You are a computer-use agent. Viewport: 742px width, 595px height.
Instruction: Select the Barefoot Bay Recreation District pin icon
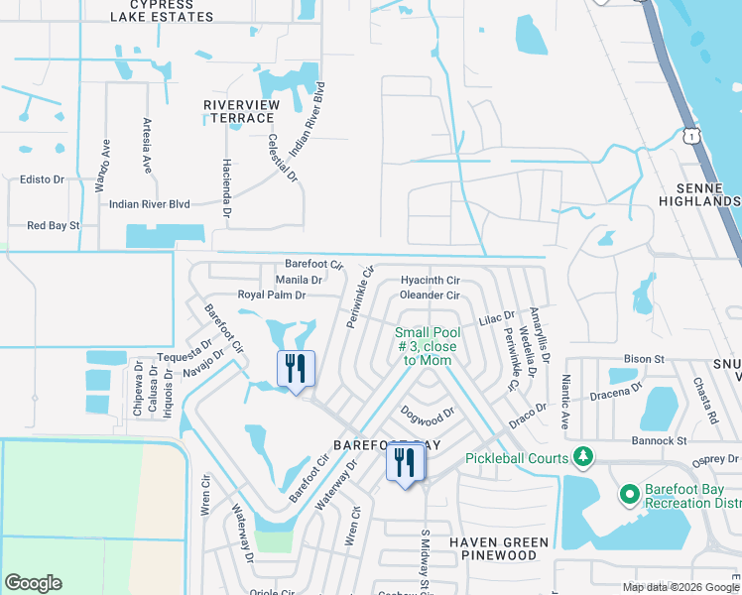(627, 494)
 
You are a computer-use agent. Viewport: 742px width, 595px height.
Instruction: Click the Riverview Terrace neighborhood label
(238, 111)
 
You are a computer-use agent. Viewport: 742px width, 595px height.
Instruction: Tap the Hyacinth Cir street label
(431, 281)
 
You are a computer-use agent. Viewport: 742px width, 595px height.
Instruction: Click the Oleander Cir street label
(430, 296)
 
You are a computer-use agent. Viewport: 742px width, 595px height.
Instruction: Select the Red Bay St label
(53, 226)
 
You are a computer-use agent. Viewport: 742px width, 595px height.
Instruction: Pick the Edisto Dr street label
(42, 179)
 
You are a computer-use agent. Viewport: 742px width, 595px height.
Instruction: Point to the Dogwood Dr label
(428, 412)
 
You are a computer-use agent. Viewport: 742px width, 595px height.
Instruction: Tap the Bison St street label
(644, 358)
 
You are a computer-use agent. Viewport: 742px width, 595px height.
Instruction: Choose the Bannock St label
(661, 440)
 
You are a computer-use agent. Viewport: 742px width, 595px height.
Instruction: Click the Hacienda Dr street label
(226, 188)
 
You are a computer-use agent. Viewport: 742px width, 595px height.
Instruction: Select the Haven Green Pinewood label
(499, 549)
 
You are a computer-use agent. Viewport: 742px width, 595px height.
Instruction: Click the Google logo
(33, 583)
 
